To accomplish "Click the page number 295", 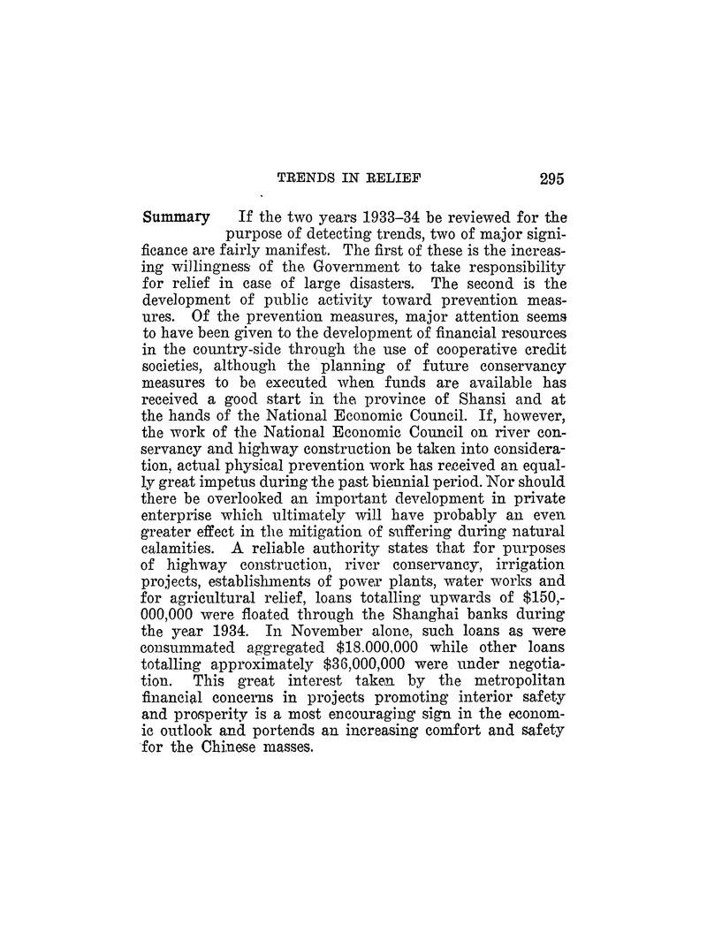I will point(548,178).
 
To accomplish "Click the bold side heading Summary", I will point(176,216).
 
